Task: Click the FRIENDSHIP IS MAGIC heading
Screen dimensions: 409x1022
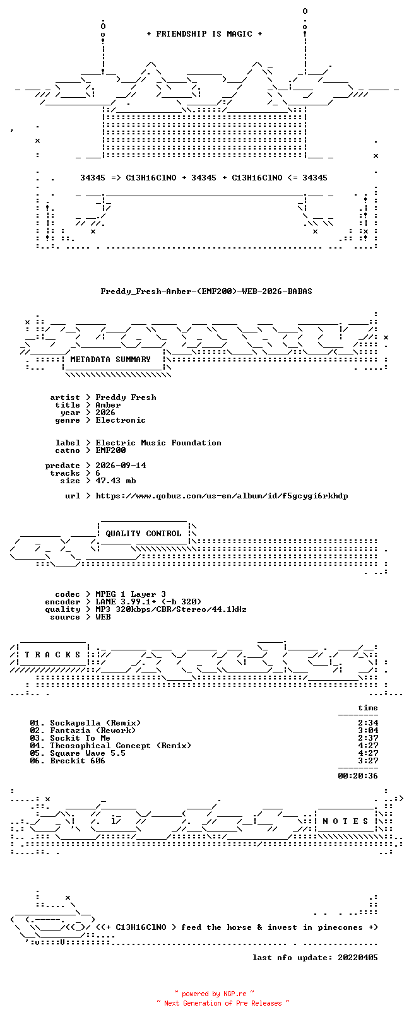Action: [x=204, y=34]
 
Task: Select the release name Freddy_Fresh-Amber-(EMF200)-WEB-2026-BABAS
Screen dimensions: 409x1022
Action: [x=206, y=291]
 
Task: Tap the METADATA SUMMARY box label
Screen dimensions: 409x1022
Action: [x=110, y=360]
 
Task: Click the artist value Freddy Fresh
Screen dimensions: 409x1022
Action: [x=126, y=397]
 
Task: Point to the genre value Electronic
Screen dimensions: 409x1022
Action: [x=121, y=420]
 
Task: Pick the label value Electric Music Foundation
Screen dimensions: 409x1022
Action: [x=158, y=443]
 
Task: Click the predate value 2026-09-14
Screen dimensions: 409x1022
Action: [x=121, y=466]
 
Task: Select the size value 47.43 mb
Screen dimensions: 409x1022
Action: [x=116, y=481]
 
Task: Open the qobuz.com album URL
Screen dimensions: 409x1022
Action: [x=222, y=496]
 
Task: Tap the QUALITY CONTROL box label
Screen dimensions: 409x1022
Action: [x=143, y=534]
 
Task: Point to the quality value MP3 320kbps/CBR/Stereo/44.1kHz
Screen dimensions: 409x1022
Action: [x=171, y=609]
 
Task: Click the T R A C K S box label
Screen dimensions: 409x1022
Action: [x=52, y=655]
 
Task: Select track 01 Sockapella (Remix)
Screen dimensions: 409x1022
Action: [x=85, y=723]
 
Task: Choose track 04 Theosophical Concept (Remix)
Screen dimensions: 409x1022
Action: [x=110, y=746]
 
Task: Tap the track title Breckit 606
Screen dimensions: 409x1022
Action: [x=78, y=761]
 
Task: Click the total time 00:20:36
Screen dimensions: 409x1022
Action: [x=358, y=776]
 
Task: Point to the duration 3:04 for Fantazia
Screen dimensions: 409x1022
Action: [x=368, y=731]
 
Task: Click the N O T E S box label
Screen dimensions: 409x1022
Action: [x=345, y=821]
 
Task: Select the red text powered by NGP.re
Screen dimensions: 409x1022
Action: [x=214, y=994]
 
